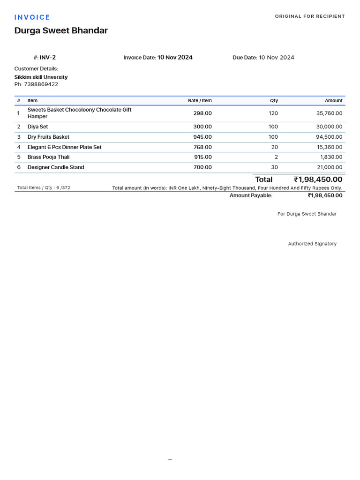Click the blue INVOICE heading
(x=32, y=17)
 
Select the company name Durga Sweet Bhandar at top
(x=61, y=30)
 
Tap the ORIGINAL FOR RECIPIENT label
(x=309, y=16)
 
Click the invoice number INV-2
(x=48, y=58)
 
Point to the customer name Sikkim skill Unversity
(x=41, y=77)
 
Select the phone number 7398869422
(x=41, y=84)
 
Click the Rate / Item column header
(x=200, y=101)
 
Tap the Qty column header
(x=274, y=101)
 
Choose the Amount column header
(x=333, y=101)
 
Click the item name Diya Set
(x=37, y=127)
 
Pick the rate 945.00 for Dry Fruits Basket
(x=202, y=137)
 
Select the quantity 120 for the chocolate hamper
(x=273, y=113)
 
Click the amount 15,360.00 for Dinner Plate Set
(x=329, y=147)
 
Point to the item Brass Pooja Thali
(x=48, y=157)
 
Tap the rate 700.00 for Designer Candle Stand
(x=202, y=167)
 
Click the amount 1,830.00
(x=331, y=157)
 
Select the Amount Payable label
(x=251, y=195)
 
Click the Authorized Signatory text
(x=312, y=244)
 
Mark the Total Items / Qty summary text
(x=44, y=188)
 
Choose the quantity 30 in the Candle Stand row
(x=274, y=167)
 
